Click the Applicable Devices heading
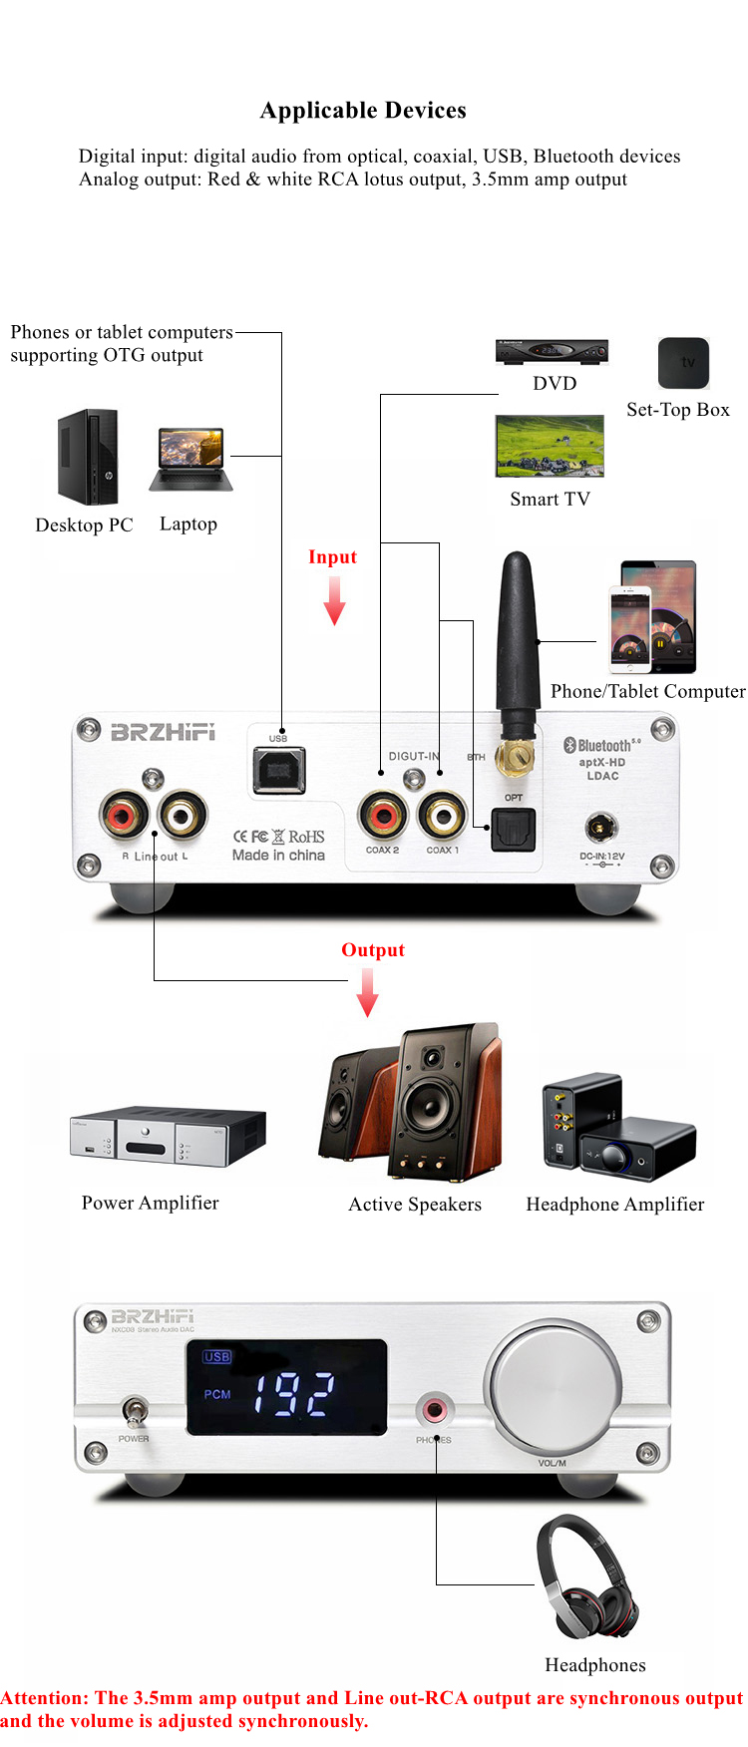[363, 111]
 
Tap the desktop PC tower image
[88, 457]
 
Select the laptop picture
[190, 460]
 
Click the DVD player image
[552, 351]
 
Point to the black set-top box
[683, 363]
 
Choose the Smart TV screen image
[550, 446]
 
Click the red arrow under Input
[335, 601]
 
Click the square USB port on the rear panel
[279, 770]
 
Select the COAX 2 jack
[382, 816]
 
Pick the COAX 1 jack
[442, 816]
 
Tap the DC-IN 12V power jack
[601, 827]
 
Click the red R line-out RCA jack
[124, 815]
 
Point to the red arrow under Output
[368, 992]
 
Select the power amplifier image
[168, 1137]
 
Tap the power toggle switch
[134, 1411]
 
